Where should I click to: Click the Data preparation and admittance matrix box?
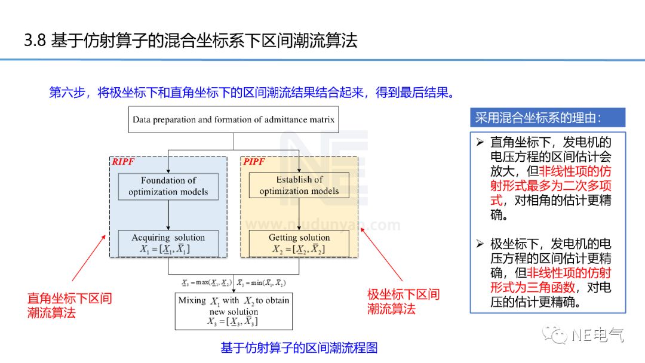click(x=234, y=119)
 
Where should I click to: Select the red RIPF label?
click(x=124, y=162)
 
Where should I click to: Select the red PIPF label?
click(x=254, y=162)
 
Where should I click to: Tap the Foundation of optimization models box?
click(x=168, y=186)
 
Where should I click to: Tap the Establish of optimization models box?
click(x=299, y=186)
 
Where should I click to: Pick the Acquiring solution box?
click(x=168, y=243)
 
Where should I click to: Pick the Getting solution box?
click(x=299, y=243)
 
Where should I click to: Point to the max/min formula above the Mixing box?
click(x=234, y=282)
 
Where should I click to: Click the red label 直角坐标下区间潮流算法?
click(x=69, y=305)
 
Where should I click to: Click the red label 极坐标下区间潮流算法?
click(x=403, y=302)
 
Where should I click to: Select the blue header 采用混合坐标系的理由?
click(x=547, y=118)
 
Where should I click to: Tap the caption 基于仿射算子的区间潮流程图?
click(x=299, y=348)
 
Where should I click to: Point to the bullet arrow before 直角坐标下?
click(x=480, y=143)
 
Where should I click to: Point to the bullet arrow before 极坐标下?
click(x=480, y=244)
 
